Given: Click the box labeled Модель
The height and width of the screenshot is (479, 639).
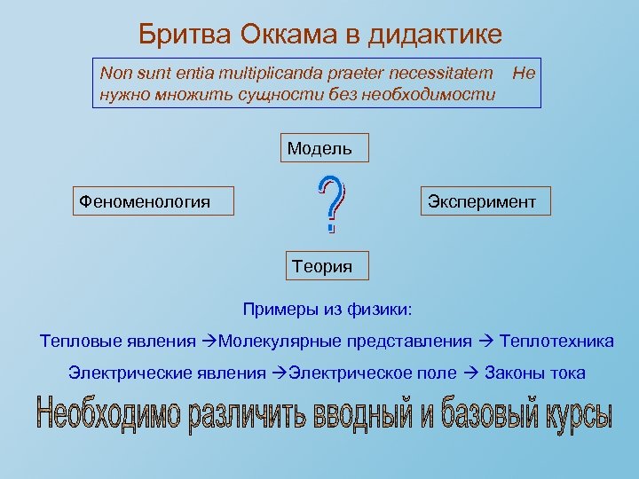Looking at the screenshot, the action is pos(319,148).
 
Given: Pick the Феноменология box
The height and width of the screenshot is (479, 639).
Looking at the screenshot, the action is pos(151,201).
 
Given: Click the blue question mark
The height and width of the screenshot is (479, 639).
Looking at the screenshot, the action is pos(330,204).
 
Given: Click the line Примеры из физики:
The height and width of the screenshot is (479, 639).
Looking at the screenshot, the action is pos(327,310).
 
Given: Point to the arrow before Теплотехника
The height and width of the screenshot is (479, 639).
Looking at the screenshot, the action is pos(485,341).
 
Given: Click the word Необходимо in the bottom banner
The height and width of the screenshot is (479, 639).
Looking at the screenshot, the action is pos(106,416).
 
